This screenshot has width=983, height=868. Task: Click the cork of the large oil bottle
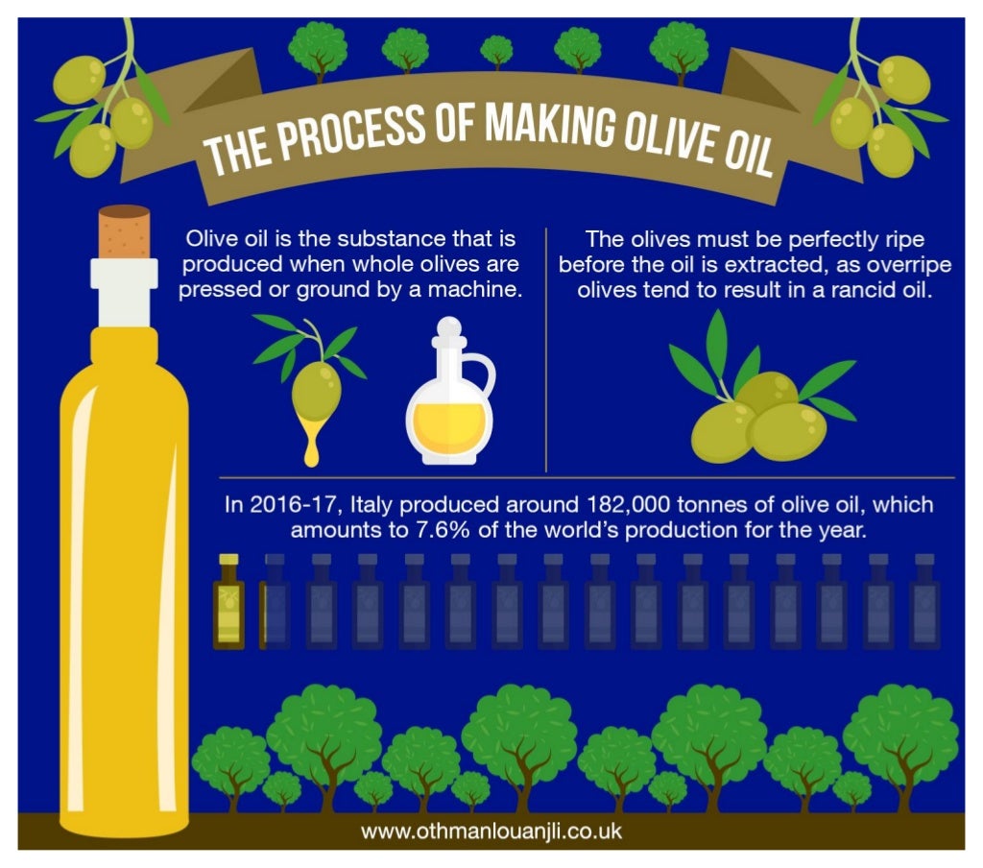pyautogui.click(x=124, y=230)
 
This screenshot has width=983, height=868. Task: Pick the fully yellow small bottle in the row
pyautogui.click(x=228, y=602)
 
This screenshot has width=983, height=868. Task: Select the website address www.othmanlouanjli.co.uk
pyautogui.click(x=491, y=831)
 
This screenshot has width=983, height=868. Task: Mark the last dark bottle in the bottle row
pyautogui.click(x=925, y=602)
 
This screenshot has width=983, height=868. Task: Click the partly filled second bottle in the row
pyautogui.click(x=273, y=602)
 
